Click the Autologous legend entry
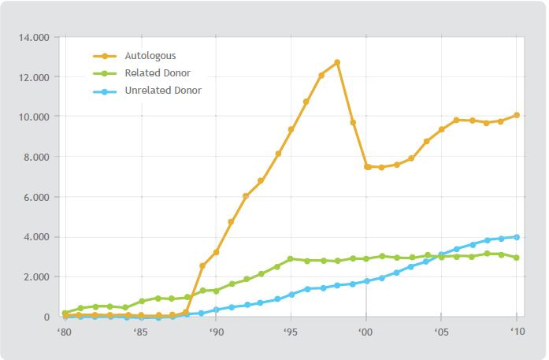150,56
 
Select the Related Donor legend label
158,73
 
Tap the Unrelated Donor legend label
162,91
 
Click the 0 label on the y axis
48,317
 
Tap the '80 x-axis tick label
65,332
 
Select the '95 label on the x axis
291,332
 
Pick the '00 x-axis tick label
365,332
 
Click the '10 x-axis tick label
517,332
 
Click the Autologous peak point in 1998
336,62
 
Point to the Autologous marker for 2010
517,115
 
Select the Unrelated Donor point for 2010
517,237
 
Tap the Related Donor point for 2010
517,258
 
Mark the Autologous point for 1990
216,252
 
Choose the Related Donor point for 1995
291,258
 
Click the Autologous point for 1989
202,266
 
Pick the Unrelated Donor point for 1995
291,295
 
